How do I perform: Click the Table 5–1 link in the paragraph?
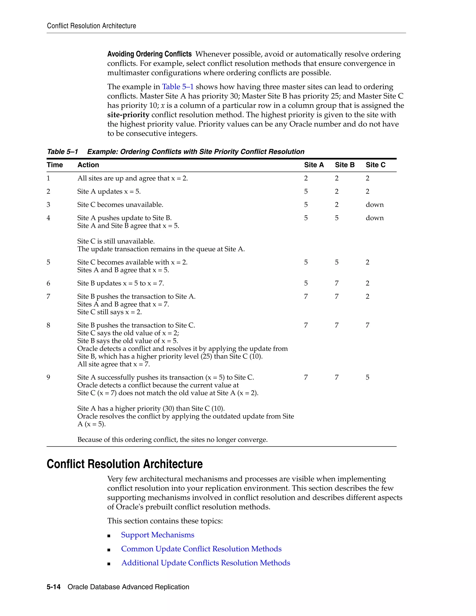178,87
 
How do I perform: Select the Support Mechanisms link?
157,535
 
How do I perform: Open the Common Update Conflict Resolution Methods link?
201,549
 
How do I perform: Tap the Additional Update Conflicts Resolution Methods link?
205,563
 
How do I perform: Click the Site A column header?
314,165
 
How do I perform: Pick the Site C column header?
375,165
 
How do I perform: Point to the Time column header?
55,165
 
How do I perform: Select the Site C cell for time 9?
367,377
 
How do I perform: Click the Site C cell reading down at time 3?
374,205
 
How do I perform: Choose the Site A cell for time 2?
306,192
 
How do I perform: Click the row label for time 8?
49,325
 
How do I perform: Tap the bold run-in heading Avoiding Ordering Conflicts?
149,54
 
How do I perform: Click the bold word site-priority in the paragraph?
128,115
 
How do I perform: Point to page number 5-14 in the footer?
54,587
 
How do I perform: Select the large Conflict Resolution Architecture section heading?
125,464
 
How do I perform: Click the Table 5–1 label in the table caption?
62,152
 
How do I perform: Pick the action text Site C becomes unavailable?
120,205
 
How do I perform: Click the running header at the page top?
91,26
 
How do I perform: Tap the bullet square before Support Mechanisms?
109,536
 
